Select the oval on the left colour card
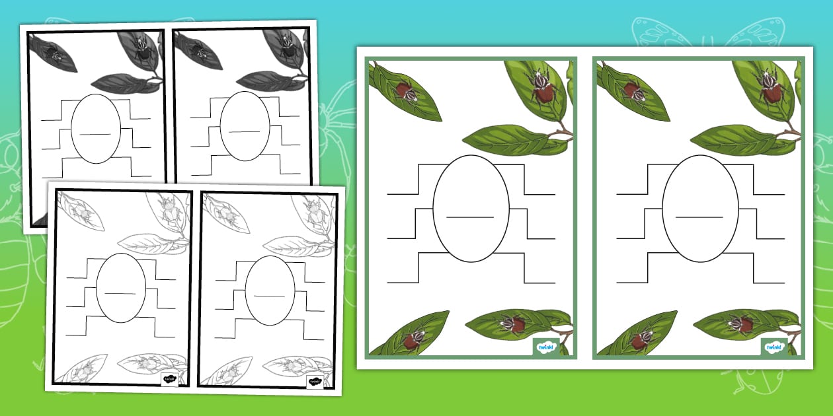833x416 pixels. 471,209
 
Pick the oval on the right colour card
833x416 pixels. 700,209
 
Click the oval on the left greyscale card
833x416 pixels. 96,128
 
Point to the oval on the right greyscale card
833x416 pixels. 245,128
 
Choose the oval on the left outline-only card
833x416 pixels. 121,288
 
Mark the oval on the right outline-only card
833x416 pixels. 270,288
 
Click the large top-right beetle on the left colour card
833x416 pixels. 542,88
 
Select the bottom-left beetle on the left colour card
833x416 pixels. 413,339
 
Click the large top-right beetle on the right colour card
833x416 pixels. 770,88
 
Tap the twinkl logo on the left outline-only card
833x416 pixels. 170,378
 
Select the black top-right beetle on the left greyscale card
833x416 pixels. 141,48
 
